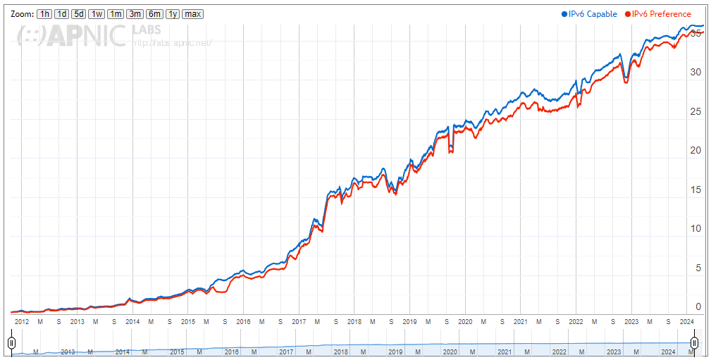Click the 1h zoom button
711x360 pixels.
[44, 14]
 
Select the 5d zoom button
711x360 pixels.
[79, 14]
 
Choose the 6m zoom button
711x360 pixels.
[154, 14]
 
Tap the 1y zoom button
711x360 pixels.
[172, 14]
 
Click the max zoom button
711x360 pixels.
[192, 14]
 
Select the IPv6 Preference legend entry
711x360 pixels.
[657, 14]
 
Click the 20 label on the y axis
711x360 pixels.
[696, 150]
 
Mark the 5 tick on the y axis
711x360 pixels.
[698, 268]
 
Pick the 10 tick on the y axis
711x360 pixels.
[696, 228]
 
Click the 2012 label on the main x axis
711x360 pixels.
[22, 321]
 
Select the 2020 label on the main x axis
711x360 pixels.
[464, 321]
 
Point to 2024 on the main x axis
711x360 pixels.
[687, 321]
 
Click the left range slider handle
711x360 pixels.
[11, 343]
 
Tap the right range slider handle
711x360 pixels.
[694, 343]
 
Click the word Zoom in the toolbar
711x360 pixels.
[21, 14]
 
